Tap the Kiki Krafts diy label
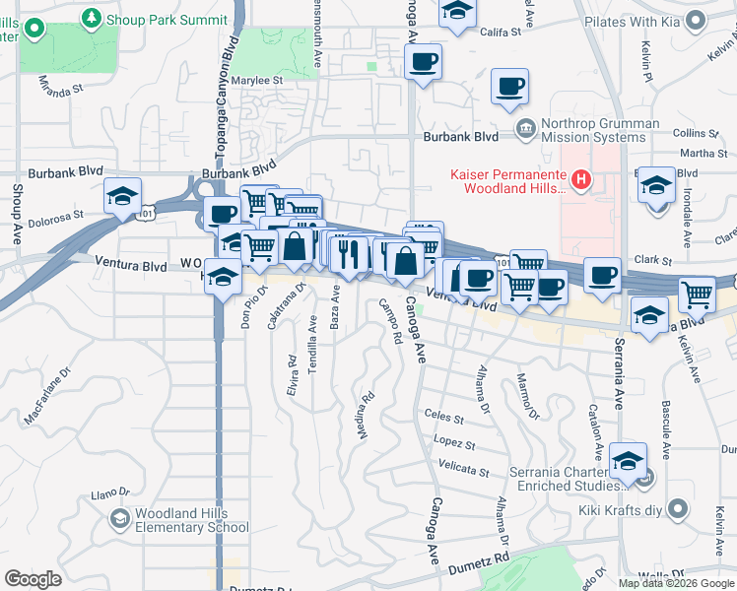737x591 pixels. (623, 508)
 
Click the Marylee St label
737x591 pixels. (258, 81)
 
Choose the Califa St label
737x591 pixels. (501, 33)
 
